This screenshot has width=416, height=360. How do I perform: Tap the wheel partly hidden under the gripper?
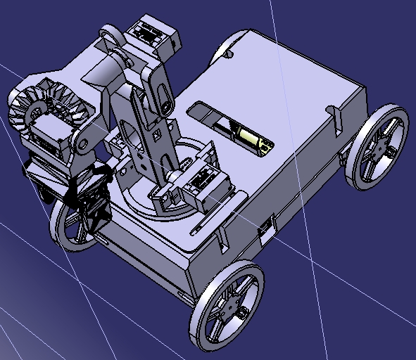tap(70, 225)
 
